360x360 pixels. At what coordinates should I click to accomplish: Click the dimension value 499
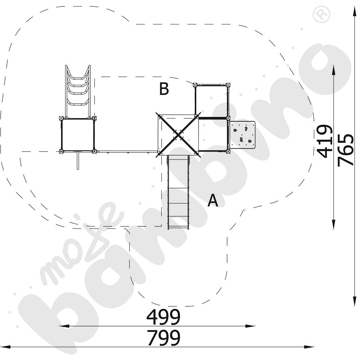point(163,316)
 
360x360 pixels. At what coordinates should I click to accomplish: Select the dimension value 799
point(163,338)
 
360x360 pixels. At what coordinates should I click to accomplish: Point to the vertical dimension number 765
point(345,150)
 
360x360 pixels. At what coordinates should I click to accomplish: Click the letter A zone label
point(213,200)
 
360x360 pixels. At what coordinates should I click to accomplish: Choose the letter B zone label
point(164,89)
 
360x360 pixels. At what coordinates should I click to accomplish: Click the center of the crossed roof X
point(178,135)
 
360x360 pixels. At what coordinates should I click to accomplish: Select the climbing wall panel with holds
point(242,135)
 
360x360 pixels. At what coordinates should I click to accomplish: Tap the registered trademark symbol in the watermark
point(322,14)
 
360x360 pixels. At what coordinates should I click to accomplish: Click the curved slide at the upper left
point(78,91)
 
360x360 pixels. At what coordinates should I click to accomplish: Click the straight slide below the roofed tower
point(179,192)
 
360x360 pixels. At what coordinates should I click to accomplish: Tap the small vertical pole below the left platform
point(78,161)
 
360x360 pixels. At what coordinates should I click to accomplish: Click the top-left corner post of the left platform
point(61,118)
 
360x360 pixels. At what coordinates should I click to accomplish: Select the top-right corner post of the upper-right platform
point(228,85)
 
